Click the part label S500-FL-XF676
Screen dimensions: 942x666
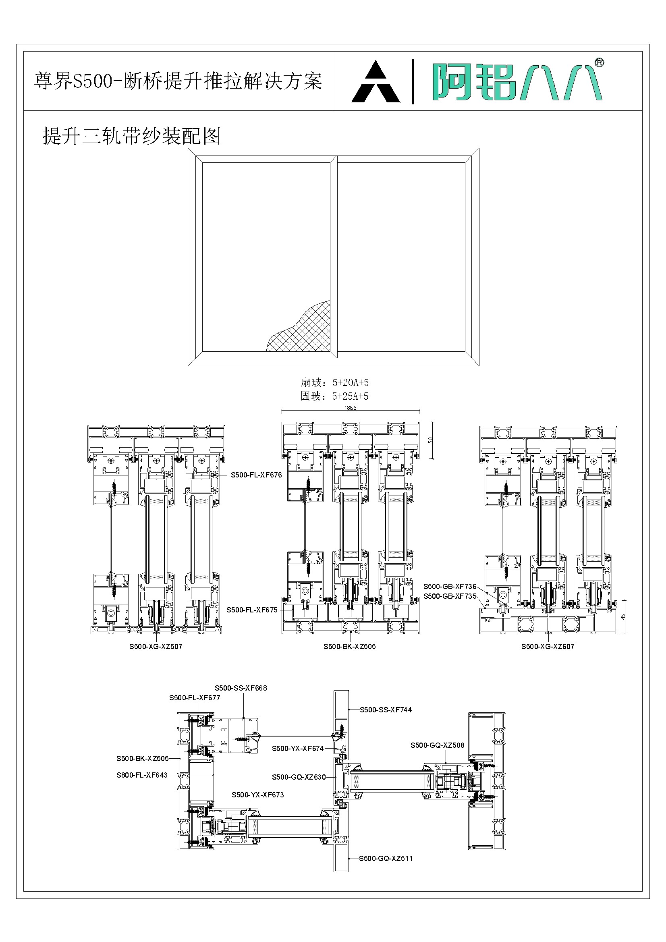pyautogui.click(x=256, y=475)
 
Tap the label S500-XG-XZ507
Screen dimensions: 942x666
pyautogui.click(x=156, y=647)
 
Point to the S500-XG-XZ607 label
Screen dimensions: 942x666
pyautogui.click(x=548, y=647)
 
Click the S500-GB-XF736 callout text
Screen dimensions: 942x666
pyautogui.click(x=450, y=587)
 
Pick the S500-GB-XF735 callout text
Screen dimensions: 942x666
pyautogui.click(x=450, y=596)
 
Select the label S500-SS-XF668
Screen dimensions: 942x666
pyautogui.click(x=241, y=688)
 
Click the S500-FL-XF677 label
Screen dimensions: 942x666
pyautogui.click(x=195, y=698)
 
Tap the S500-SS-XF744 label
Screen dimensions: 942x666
pyautogui.click(x=386, y=710)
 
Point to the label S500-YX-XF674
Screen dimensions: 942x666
pyautogui.click(x=298, y=749)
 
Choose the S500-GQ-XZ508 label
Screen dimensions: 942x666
pyautogui.click(x=438, y=745)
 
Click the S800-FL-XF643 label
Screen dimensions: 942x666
pyautogui.click(x=142, y=775)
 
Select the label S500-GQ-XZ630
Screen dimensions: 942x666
pyautogui.click(x=299, y=777)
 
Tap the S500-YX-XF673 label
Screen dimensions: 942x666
pyautogui.click(x=258, y=795)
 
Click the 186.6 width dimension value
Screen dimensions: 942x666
pyautogui.click(x=351, y=408)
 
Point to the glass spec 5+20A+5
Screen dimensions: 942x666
pyautogui.click(x=351, y=383)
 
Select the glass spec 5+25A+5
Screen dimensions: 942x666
pyautogui.click(x=351, y=396)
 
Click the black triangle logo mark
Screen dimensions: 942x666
pyautogui.click(x=376, y=83)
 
